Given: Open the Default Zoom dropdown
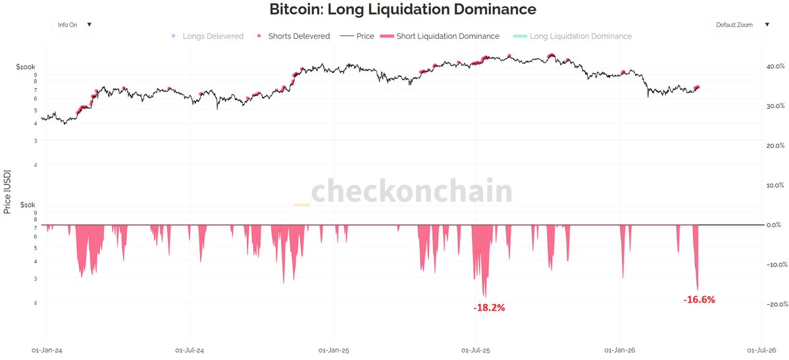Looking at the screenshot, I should click(x=742, y=25).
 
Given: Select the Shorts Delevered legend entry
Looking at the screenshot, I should click(x=298, y=36).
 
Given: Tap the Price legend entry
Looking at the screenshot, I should click(x=365, y=36).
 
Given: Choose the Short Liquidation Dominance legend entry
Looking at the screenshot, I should click(x=447, y=36).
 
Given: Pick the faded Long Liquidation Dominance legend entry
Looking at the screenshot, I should click(x=580, y=36).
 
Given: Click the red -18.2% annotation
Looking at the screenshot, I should click(x=489, y=307).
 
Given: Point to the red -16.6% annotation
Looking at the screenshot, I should click(x=699, y=299).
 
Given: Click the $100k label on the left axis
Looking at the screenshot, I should click(x=26, y=67).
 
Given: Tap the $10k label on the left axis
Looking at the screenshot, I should click(x=28, y=205).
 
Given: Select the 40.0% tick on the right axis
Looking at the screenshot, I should click(x=775, y=66).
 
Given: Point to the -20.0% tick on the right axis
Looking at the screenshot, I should click(x=774, y=304).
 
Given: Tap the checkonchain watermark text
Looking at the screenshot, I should click(x=411, y=192).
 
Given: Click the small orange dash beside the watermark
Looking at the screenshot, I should click(x=302, y=205).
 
